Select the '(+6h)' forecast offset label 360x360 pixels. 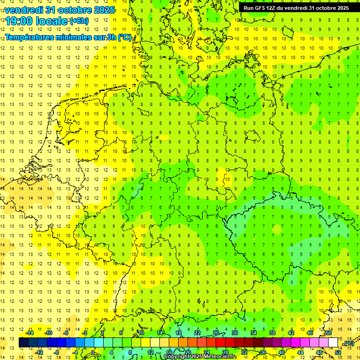click(79, 21)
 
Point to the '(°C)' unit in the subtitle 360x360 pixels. click(124, 37)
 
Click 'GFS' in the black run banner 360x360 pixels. click(262, 7)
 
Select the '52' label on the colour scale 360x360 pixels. click(338, 352)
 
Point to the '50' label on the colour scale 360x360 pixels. click(328, 333)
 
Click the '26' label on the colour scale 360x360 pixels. click(216, 333)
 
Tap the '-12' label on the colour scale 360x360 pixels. click(39, 352)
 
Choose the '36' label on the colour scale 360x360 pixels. click(263, 352)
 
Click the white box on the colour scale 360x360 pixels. click(333, 343)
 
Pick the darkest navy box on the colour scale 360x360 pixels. click(23, 343)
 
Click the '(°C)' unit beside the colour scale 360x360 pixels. click(348, 343)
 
